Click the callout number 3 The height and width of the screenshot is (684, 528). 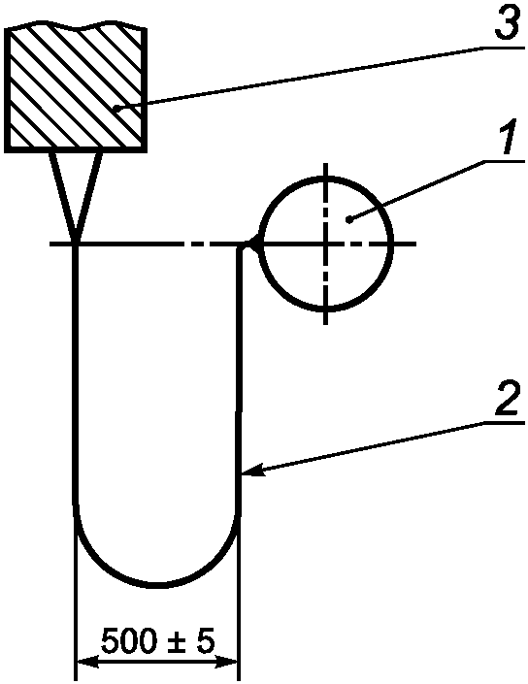508,22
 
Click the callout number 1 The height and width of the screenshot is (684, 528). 511,136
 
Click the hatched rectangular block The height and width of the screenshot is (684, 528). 75,86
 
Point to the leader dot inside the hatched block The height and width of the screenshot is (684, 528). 116,107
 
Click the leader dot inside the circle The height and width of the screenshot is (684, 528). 348,220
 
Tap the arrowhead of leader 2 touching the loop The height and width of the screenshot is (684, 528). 252,472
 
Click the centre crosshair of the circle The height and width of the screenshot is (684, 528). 325,244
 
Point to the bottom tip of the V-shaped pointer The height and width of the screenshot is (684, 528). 76,241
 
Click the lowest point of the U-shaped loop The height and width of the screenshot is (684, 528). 156,585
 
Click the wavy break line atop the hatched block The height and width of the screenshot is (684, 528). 76,26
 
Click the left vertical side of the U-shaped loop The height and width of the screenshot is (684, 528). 75,375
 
